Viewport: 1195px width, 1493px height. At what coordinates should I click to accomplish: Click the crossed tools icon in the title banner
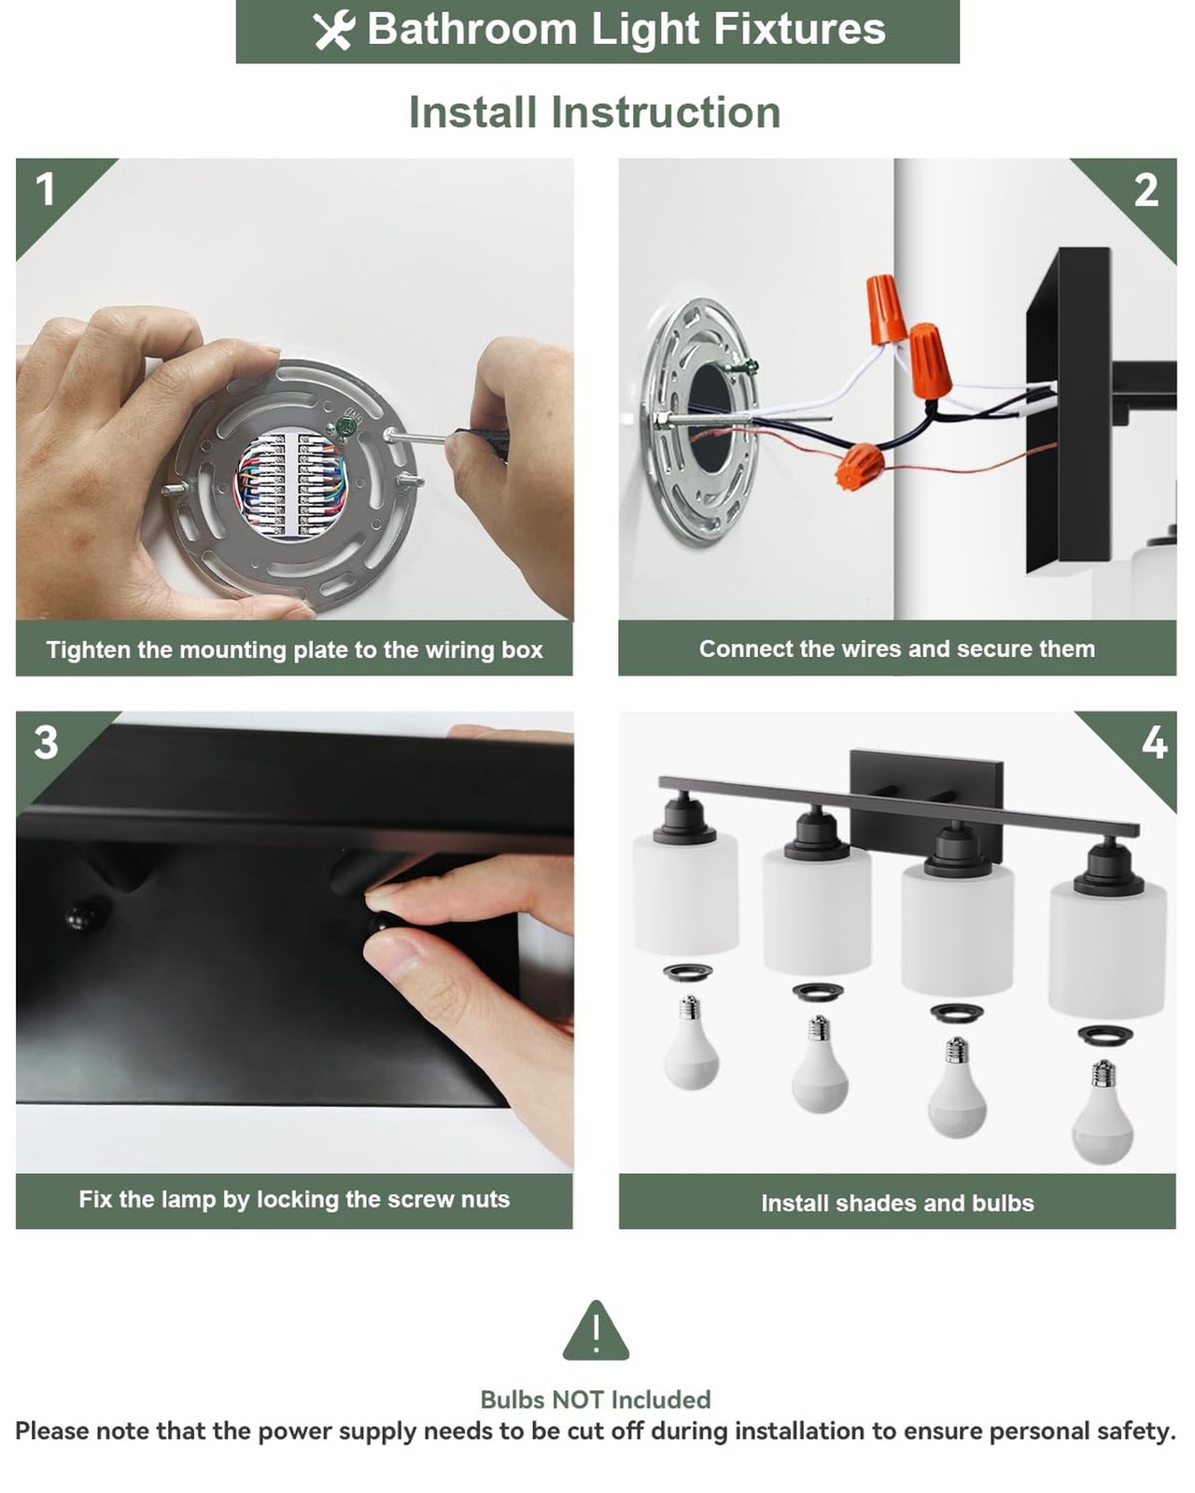coord(334,31)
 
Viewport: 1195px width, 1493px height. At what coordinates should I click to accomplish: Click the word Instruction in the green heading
coord(666,112)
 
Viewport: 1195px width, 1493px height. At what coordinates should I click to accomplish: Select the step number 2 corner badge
coord(1146,190)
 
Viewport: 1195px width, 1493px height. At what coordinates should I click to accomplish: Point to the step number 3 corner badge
coord(46,743)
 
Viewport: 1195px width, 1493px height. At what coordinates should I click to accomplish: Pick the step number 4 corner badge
coord(1154,743)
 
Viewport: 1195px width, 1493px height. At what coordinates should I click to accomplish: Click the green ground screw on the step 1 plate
coord(345,425)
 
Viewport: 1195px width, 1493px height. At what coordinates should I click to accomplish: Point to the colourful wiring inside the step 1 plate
coord(291,482)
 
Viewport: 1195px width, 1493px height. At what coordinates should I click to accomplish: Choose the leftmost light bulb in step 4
coord(690,1042)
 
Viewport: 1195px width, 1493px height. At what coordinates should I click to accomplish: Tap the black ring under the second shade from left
coord(817,992)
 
